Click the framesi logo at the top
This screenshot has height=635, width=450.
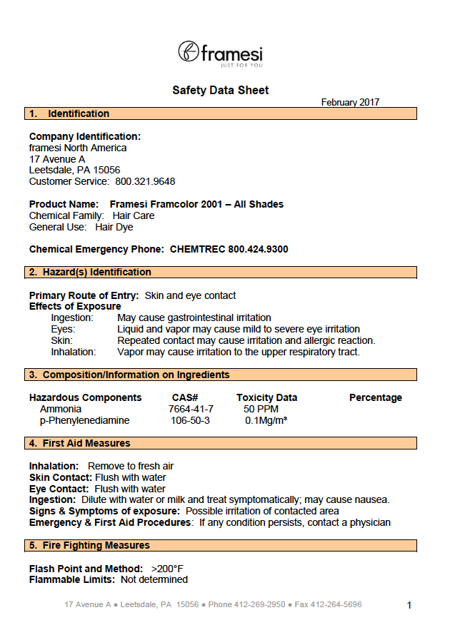coord(220,53)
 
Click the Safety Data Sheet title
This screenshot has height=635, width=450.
coord(220,90)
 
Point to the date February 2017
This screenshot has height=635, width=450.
coord(350,103)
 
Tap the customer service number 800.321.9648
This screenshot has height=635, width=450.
coord(145,182)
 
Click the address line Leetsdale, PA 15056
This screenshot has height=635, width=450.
coord(74,171)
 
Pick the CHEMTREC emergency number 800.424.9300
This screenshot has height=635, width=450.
coord(258,249)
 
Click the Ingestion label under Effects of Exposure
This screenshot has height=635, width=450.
coord(72,317)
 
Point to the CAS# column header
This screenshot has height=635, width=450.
coord(185,397)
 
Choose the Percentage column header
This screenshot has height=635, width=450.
coord(375,397)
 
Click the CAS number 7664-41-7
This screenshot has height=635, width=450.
coord(191,409)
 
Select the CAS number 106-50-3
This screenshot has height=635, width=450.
coord(190,420)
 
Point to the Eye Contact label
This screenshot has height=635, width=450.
coord(59,489)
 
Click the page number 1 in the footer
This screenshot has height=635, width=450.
coord(409,605)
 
